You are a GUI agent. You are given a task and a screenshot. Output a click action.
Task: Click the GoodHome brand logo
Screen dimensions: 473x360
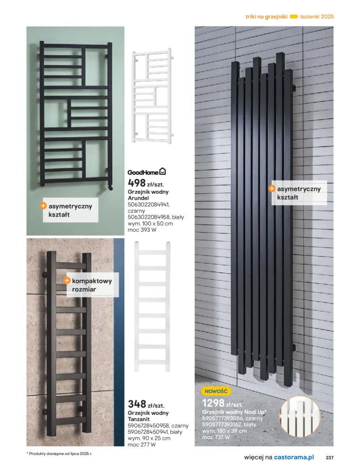point(147,172)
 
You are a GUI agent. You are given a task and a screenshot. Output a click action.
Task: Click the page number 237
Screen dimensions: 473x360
point(330,458)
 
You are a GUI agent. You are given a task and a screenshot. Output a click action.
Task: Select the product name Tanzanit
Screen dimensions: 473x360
point(140,419)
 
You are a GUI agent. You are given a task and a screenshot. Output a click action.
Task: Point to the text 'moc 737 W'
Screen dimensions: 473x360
point(216,437)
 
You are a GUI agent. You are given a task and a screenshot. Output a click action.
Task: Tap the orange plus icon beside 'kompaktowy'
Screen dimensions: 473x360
point(67,281)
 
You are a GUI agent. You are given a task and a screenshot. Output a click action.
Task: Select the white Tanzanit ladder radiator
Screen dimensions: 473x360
point(153,307)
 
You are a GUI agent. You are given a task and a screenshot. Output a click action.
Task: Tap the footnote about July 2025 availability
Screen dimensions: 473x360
point(60,453)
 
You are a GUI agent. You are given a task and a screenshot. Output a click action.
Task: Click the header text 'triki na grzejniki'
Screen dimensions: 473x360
point(266,16)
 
